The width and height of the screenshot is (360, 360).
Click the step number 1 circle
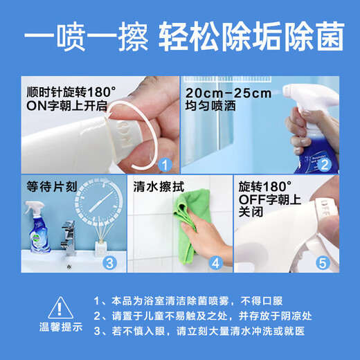pos(163,164)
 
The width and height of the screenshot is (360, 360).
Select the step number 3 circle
pos(109,262)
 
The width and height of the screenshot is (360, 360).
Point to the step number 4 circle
pos(215,262)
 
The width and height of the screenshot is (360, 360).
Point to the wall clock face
pos(98,204)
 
